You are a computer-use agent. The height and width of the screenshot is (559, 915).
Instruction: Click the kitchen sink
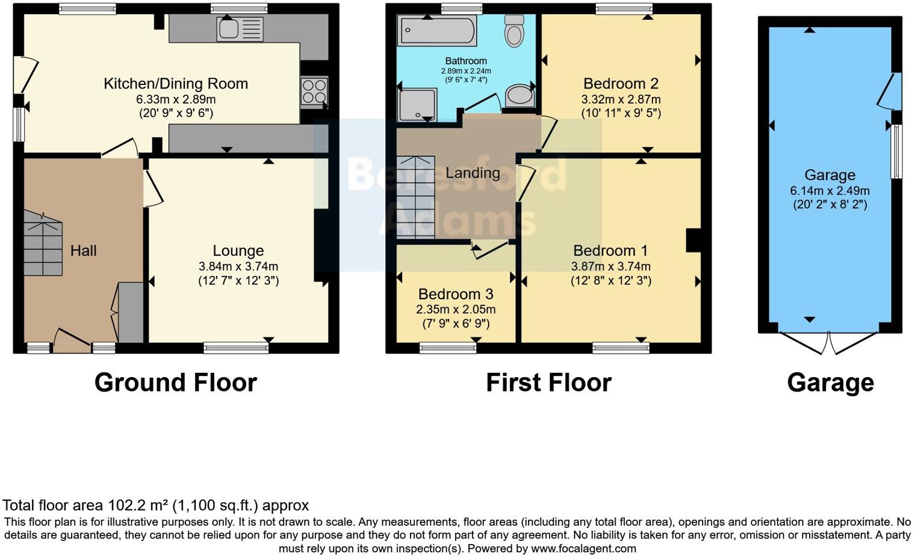[x=240, y=29]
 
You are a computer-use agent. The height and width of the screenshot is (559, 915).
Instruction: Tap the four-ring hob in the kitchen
[x=314, y=91]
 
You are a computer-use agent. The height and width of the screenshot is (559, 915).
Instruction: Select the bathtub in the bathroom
[x=437, y=30]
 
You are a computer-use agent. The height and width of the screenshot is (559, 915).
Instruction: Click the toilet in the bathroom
[x=514, y=31]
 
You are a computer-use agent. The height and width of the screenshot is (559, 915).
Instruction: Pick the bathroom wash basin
[x=518, y=95]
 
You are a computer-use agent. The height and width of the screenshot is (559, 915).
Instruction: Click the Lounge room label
[x=238, y=251]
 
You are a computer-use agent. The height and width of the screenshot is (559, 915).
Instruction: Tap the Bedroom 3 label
[x=456, y=294]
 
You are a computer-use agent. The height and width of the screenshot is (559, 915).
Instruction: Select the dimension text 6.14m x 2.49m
[x=830, y=191]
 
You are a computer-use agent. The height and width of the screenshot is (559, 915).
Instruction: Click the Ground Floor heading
[x=175, y=383]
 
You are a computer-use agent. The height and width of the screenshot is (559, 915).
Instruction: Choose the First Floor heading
[x=548, y=383]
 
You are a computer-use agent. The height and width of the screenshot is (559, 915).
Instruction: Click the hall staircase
[x=43, y=244]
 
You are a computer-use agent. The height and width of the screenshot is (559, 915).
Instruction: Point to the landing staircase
[x=415, y=198]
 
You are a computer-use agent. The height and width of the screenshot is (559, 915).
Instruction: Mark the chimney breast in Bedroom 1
[x=693, y=240]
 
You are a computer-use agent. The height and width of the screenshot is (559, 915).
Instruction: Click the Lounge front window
[x=236, y=347]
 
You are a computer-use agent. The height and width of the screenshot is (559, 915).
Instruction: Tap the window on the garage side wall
[x=896, y=151]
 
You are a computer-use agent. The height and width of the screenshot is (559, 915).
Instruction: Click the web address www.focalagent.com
[x=583, y=548]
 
